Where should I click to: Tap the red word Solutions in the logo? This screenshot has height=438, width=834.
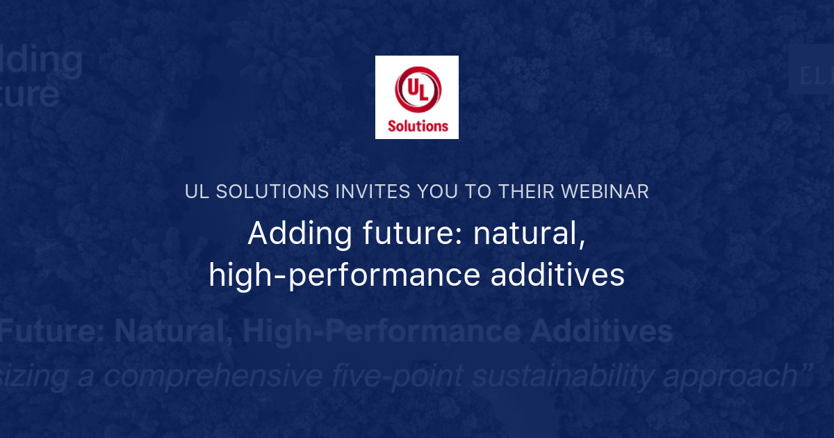[x=417, y=126]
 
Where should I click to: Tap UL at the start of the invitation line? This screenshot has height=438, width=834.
[x=197, y=192]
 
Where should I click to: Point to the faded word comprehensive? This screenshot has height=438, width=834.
[x=212, y=376]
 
